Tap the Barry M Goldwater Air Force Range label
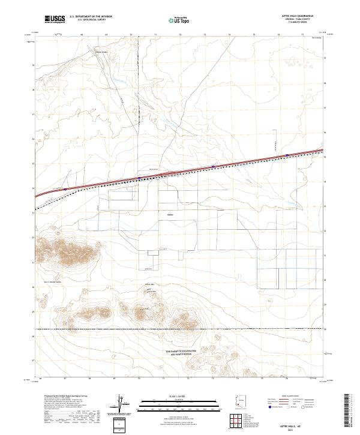184,352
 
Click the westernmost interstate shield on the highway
64,190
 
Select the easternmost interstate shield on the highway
287,155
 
